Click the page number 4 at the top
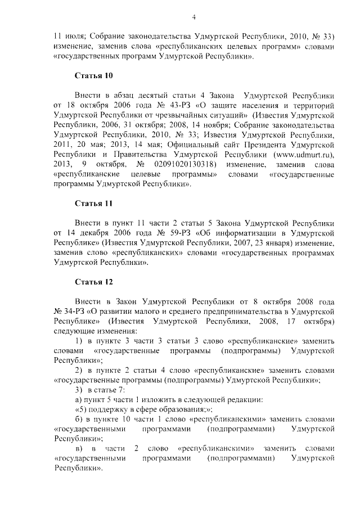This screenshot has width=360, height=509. click(193, 16)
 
